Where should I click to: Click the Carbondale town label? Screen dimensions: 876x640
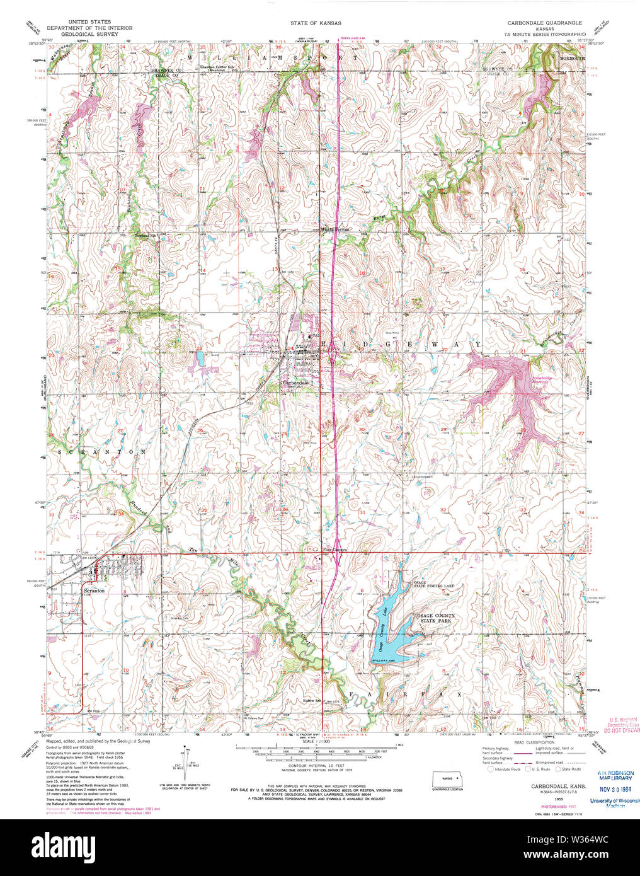[x=295, y=383]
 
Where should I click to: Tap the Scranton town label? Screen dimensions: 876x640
[x=94, y=591]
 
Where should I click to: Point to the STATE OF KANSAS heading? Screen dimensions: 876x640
[x=316, y=23]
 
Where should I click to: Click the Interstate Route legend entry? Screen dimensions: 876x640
[x=506, y=769]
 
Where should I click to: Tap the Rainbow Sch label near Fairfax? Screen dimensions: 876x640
[x=312, y=700]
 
